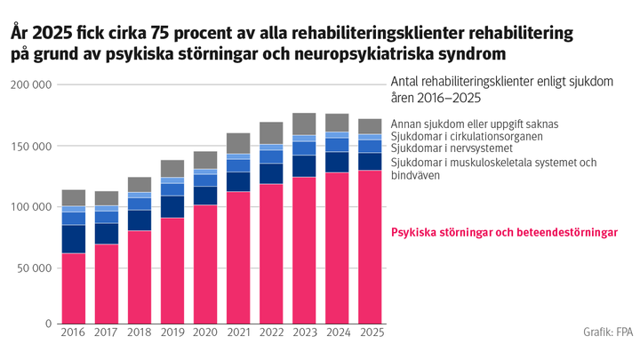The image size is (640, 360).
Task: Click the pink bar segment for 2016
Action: (74, 289)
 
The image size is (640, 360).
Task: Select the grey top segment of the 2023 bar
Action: (304, 124)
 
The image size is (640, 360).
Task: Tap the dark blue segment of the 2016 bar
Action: (74, 239)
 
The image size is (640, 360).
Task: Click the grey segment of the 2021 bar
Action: (239, 143)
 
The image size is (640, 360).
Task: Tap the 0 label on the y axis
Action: (48, 324)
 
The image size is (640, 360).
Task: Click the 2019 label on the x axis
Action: (172, 333)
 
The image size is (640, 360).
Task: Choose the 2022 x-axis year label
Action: (271, 333)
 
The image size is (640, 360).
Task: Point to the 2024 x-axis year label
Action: (337, 333)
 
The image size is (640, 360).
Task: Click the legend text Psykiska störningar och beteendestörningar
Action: (505, 232)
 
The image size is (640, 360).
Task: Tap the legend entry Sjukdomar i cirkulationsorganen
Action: (470, 136)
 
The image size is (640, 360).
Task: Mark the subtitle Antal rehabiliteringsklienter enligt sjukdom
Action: (502, 82)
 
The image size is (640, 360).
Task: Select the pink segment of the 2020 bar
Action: (205, 265)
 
